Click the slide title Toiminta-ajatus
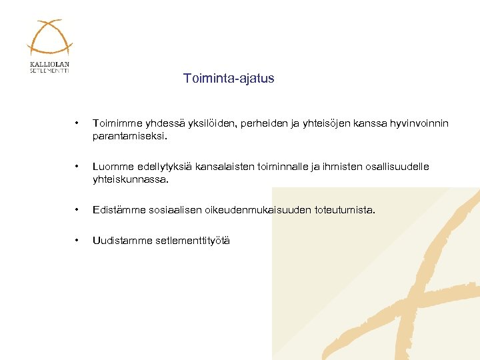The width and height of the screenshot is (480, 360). (x=229, y=79)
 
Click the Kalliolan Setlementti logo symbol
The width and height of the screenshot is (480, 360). (x=49, y=38)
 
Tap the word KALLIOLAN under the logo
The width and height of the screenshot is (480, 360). (x=49, y=65)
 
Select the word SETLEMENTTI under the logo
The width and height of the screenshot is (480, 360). (x=49, y=71)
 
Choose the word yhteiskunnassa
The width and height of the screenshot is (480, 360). (x=131, y=179)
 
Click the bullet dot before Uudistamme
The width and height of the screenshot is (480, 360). (x=78, y=241)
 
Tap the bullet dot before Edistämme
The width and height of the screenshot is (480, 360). (x=78, y=210)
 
